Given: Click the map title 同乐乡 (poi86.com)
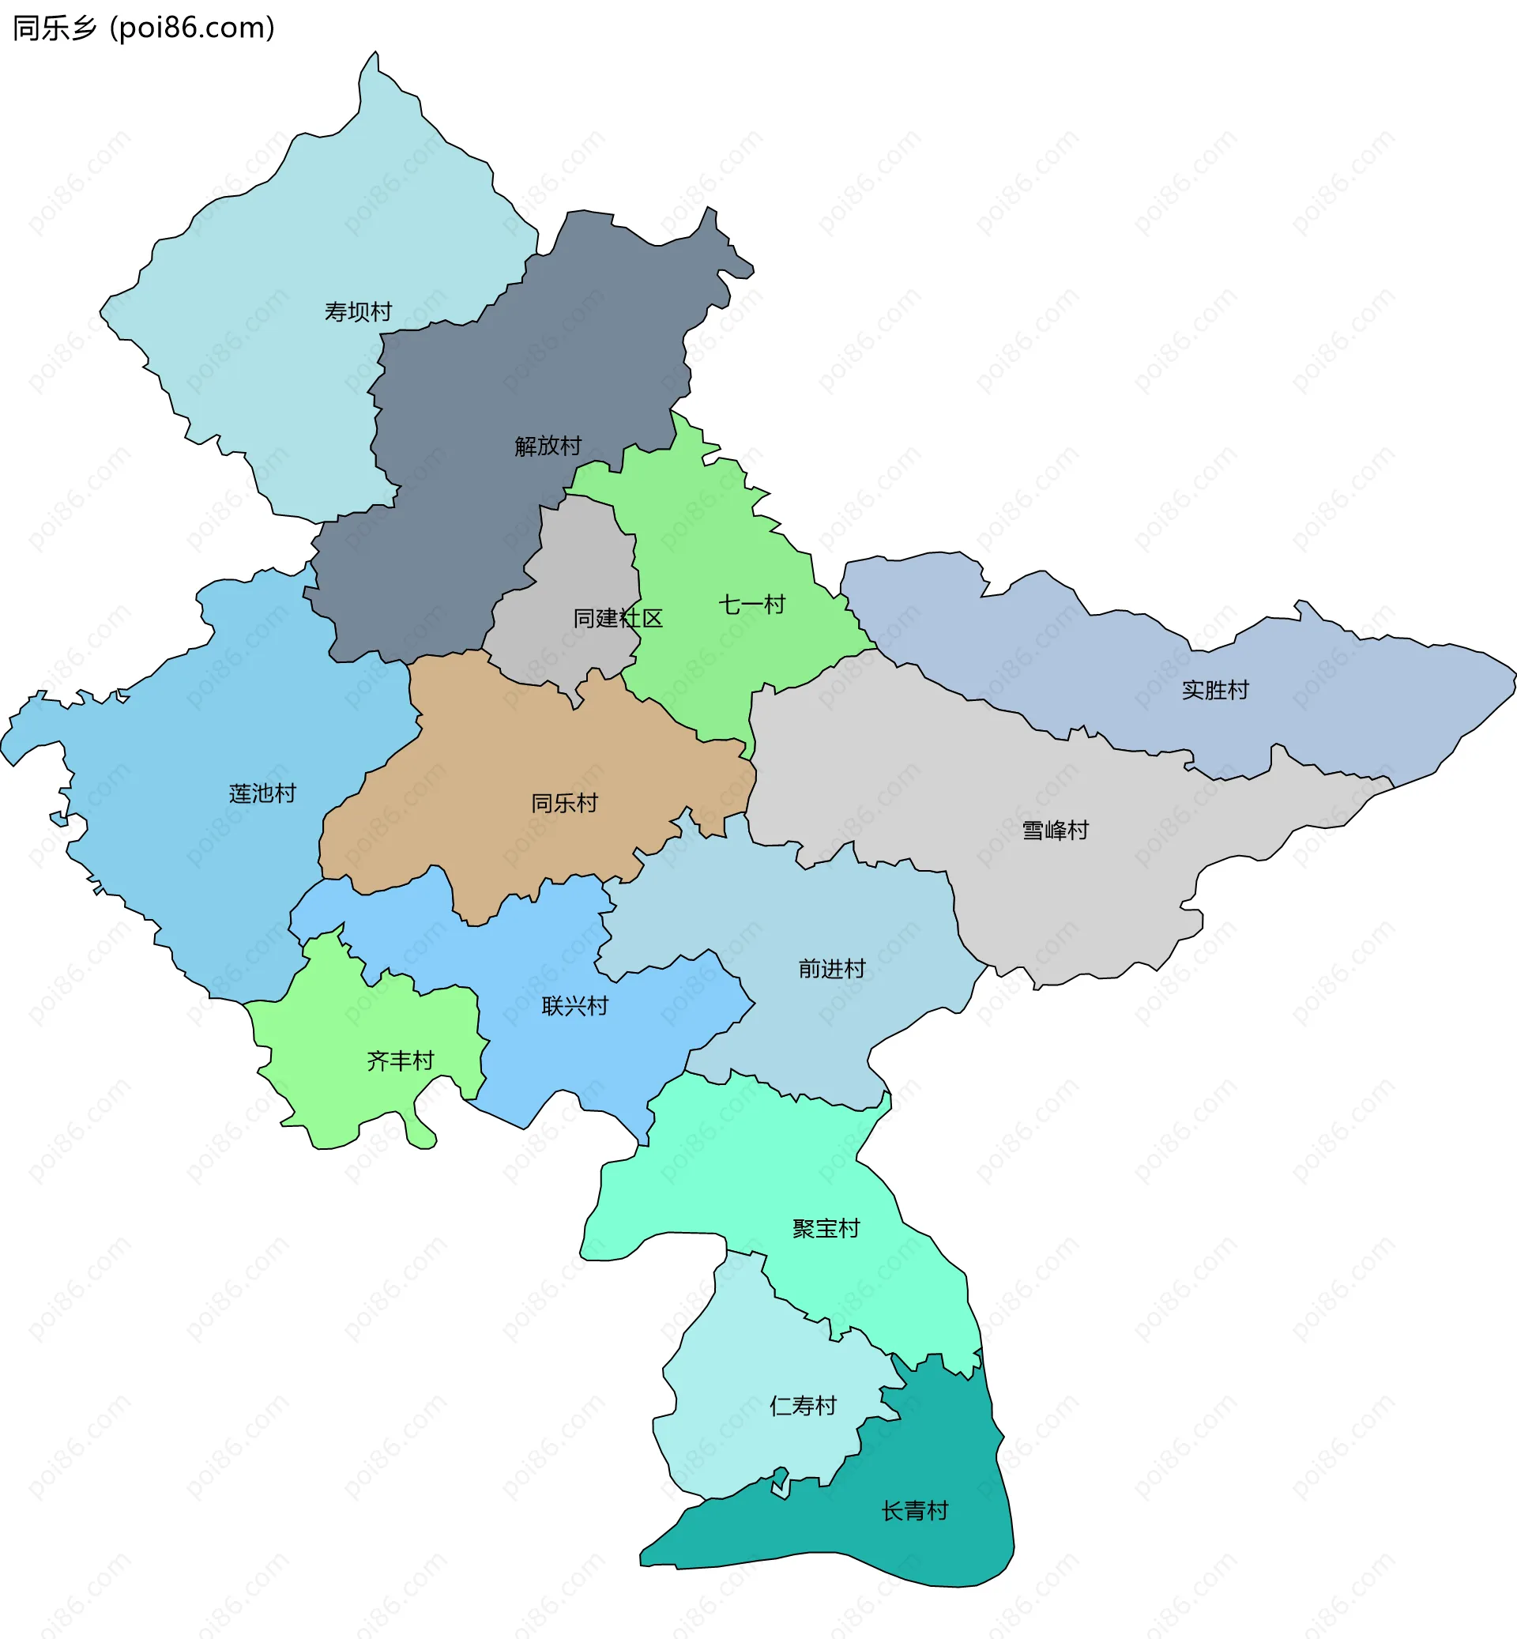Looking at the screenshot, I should point(144,28).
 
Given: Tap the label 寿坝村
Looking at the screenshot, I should point(358,312).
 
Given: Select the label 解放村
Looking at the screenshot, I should point(548,446).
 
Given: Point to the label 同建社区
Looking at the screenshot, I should point(617,618).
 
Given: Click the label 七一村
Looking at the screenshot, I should point(752,605).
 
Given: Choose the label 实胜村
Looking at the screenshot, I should point(1215,690).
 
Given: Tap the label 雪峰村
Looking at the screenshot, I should point(1055,831).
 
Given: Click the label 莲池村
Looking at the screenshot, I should point(262,793).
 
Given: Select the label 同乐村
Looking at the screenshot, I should point(564,802).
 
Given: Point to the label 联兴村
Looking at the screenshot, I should point(574,1006).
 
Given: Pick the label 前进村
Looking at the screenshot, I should point(831,969).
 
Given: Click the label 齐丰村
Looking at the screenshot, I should point(400,1061).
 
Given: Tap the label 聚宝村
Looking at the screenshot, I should point(826,1228).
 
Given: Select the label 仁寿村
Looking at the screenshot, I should point(803,1406).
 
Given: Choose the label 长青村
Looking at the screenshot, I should point(914,1511).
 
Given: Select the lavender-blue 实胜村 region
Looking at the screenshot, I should point(1354,698).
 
